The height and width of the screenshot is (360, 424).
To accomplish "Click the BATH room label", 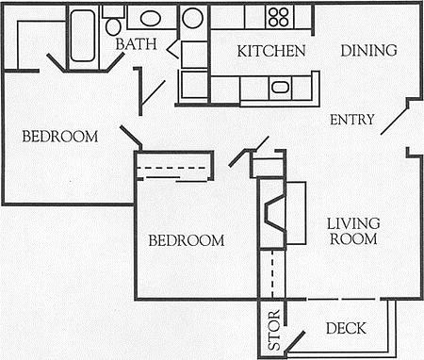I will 135,44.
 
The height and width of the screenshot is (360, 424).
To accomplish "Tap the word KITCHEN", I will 270,50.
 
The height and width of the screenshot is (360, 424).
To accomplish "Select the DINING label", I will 368,50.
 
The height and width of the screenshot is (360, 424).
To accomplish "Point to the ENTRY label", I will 352,120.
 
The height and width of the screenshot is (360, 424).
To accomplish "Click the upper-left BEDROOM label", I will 60,137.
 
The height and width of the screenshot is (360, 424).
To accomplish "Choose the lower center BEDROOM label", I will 187,240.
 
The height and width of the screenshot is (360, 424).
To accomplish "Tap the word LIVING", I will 353,223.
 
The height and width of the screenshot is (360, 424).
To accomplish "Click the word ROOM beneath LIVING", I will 353,239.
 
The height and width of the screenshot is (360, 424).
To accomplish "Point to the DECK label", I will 345,329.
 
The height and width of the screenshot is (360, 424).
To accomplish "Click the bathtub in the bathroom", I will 83,36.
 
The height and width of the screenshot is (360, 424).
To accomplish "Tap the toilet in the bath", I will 113,25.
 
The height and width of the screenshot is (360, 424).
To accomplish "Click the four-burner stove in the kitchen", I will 278,16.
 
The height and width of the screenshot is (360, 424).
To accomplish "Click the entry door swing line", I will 397,119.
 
